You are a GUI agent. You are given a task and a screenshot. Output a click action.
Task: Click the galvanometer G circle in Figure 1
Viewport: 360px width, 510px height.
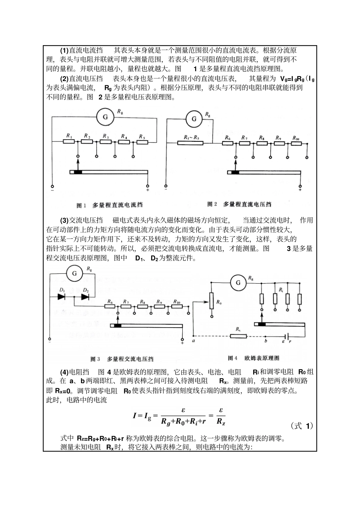[105, 117]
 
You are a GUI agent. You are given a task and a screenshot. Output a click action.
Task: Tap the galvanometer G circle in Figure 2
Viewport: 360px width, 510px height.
[194, 119]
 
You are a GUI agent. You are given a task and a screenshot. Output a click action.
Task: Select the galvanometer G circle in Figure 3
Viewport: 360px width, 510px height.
[75, 273]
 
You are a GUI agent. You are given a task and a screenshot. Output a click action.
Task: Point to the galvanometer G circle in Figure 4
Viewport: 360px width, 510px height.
[238, 282]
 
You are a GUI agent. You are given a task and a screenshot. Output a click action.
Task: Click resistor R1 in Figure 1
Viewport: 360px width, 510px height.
[69, 142]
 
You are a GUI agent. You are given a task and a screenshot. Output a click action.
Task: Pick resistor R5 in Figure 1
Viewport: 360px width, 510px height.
[142, 142]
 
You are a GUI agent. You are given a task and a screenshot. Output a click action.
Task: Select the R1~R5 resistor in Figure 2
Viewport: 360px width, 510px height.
[191, 143]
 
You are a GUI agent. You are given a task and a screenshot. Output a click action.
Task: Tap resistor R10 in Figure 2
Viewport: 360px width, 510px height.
[297, 143]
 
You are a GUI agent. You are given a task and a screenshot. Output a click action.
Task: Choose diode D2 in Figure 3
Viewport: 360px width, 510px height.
[85, 297]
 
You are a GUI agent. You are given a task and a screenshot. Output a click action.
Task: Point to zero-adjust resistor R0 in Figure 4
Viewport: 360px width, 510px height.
[211, 302]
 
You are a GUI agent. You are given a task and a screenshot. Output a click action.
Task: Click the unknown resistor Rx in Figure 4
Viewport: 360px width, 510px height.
[239, 336]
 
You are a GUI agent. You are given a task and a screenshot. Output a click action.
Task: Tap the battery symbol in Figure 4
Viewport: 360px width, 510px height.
[288, 336]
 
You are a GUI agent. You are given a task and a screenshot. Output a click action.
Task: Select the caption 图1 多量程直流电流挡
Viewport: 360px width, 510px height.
[110, 205]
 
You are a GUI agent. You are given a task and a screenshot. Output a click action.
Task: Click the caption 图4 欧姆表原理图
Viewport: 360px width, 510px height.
[254, 358]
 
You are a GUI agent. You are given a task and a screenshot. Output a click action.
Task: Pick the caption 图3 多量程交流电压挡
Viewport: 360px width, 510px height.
[122, 359]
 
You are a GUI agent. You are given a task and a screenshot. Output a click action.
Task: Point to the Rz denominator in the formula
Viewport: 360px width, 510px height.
[221, 421]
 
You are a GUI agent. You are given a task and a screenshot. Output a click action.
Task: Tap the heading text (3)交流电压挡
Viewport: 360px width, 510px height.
[81, 220]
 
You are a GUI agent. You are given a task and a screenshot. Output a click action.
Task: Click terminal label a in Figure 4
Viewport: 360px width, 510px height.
[194, 341]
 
